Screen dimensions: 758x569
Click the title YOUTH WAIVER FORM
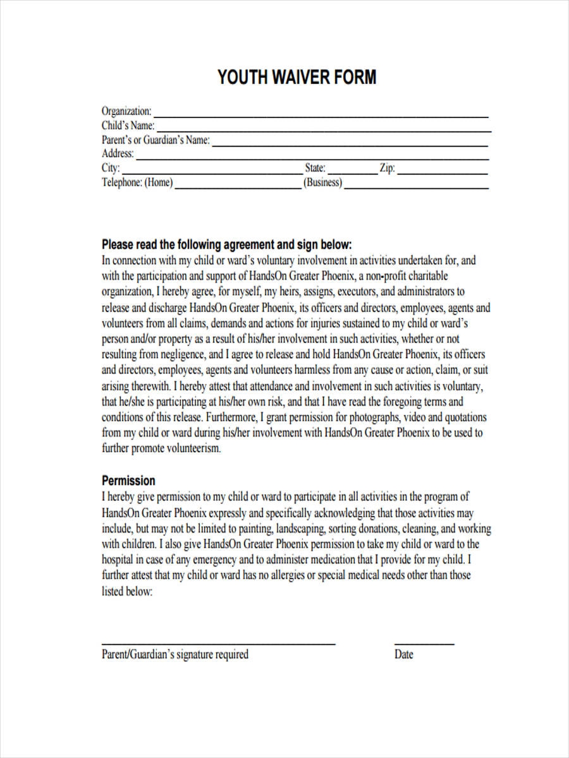click(x=297, y=78)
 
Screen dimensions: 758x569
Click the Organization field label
click(x=126, y=111)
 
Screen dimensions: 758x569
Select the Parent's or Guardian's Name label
click(x=156, y=140)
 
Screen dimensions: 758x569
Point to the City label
click(x=110, y=168)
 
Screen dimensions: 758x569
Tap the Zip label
click(x=387, y=168)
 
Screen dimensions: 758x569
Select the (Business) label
click(x=322, y=183)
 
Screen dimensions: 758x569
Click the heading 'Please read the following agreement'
click(x=226, y=244)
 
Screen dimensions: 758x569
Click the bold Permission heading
click(x=128, y=480)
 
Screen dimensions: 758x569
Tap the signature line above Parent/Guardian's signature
click(x=218, y=643)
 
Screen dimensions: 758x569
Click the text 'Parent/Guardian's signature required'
click(x=175, y=654)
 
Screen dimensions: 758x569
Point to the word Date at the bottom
click(x=403, y=654)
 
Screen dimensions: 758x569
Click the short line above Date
click(x=424, y=643)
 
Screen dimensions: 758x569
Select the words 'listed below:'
click(x=127, y=592)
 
